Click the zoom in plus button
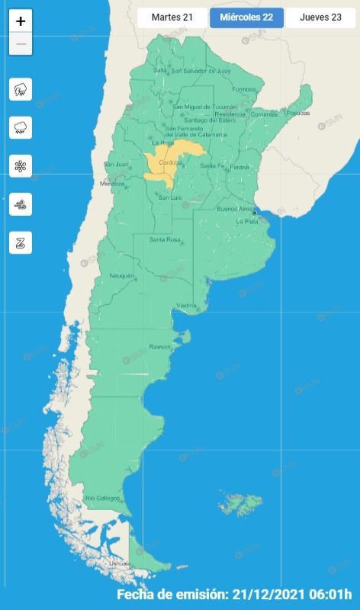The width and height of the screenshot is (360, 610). tap(21, 21)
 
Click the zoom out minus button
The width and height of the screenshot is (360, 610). tap(21, 44)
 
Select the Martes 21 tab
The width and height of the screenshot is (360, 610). tap(172, 17)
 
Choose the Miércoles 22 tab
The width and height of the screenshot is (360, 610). tap(246, 17)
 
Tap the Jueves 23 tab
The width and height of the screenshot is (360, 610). tap(320, 17)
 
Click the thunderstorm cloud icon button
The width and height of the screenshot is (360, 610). tap(21, 89)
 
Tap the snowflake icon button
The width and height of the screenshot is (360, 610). tap(21, 165)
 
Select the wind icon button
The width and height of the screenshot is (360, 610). tap(21, 204)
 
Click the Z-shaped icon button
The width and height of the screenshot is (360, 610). tap(21, 242)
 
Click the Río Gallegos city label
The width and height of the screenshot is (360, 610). tap(103, 498)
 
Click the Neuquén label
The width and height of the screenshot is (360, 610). tap(121, 275)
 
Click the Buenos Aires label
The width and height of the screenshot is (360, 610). tap(235, 208)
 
